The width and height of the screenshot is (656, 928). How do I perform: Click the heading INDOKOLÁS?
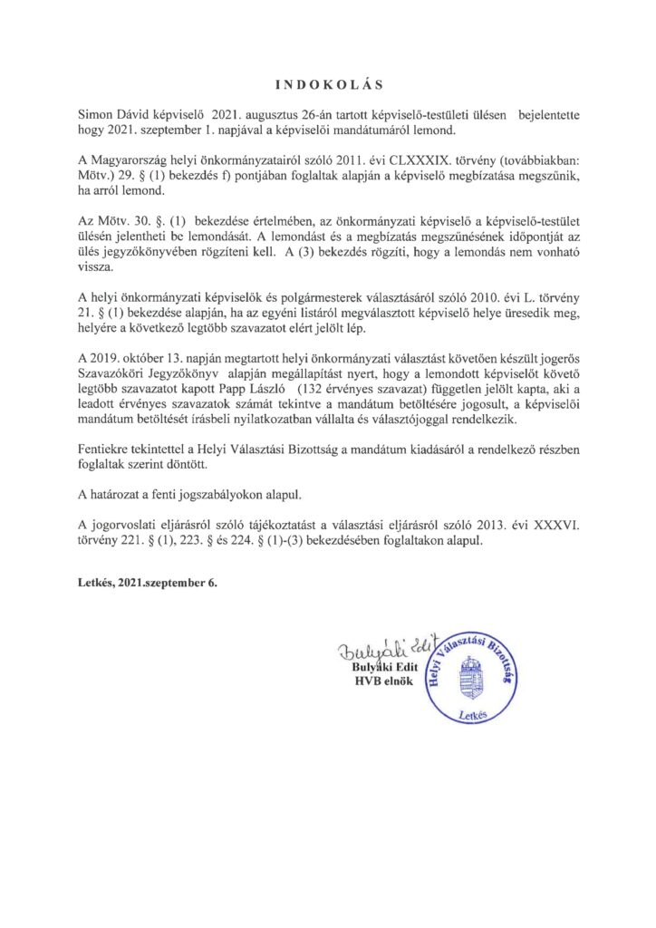[327, 86]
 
